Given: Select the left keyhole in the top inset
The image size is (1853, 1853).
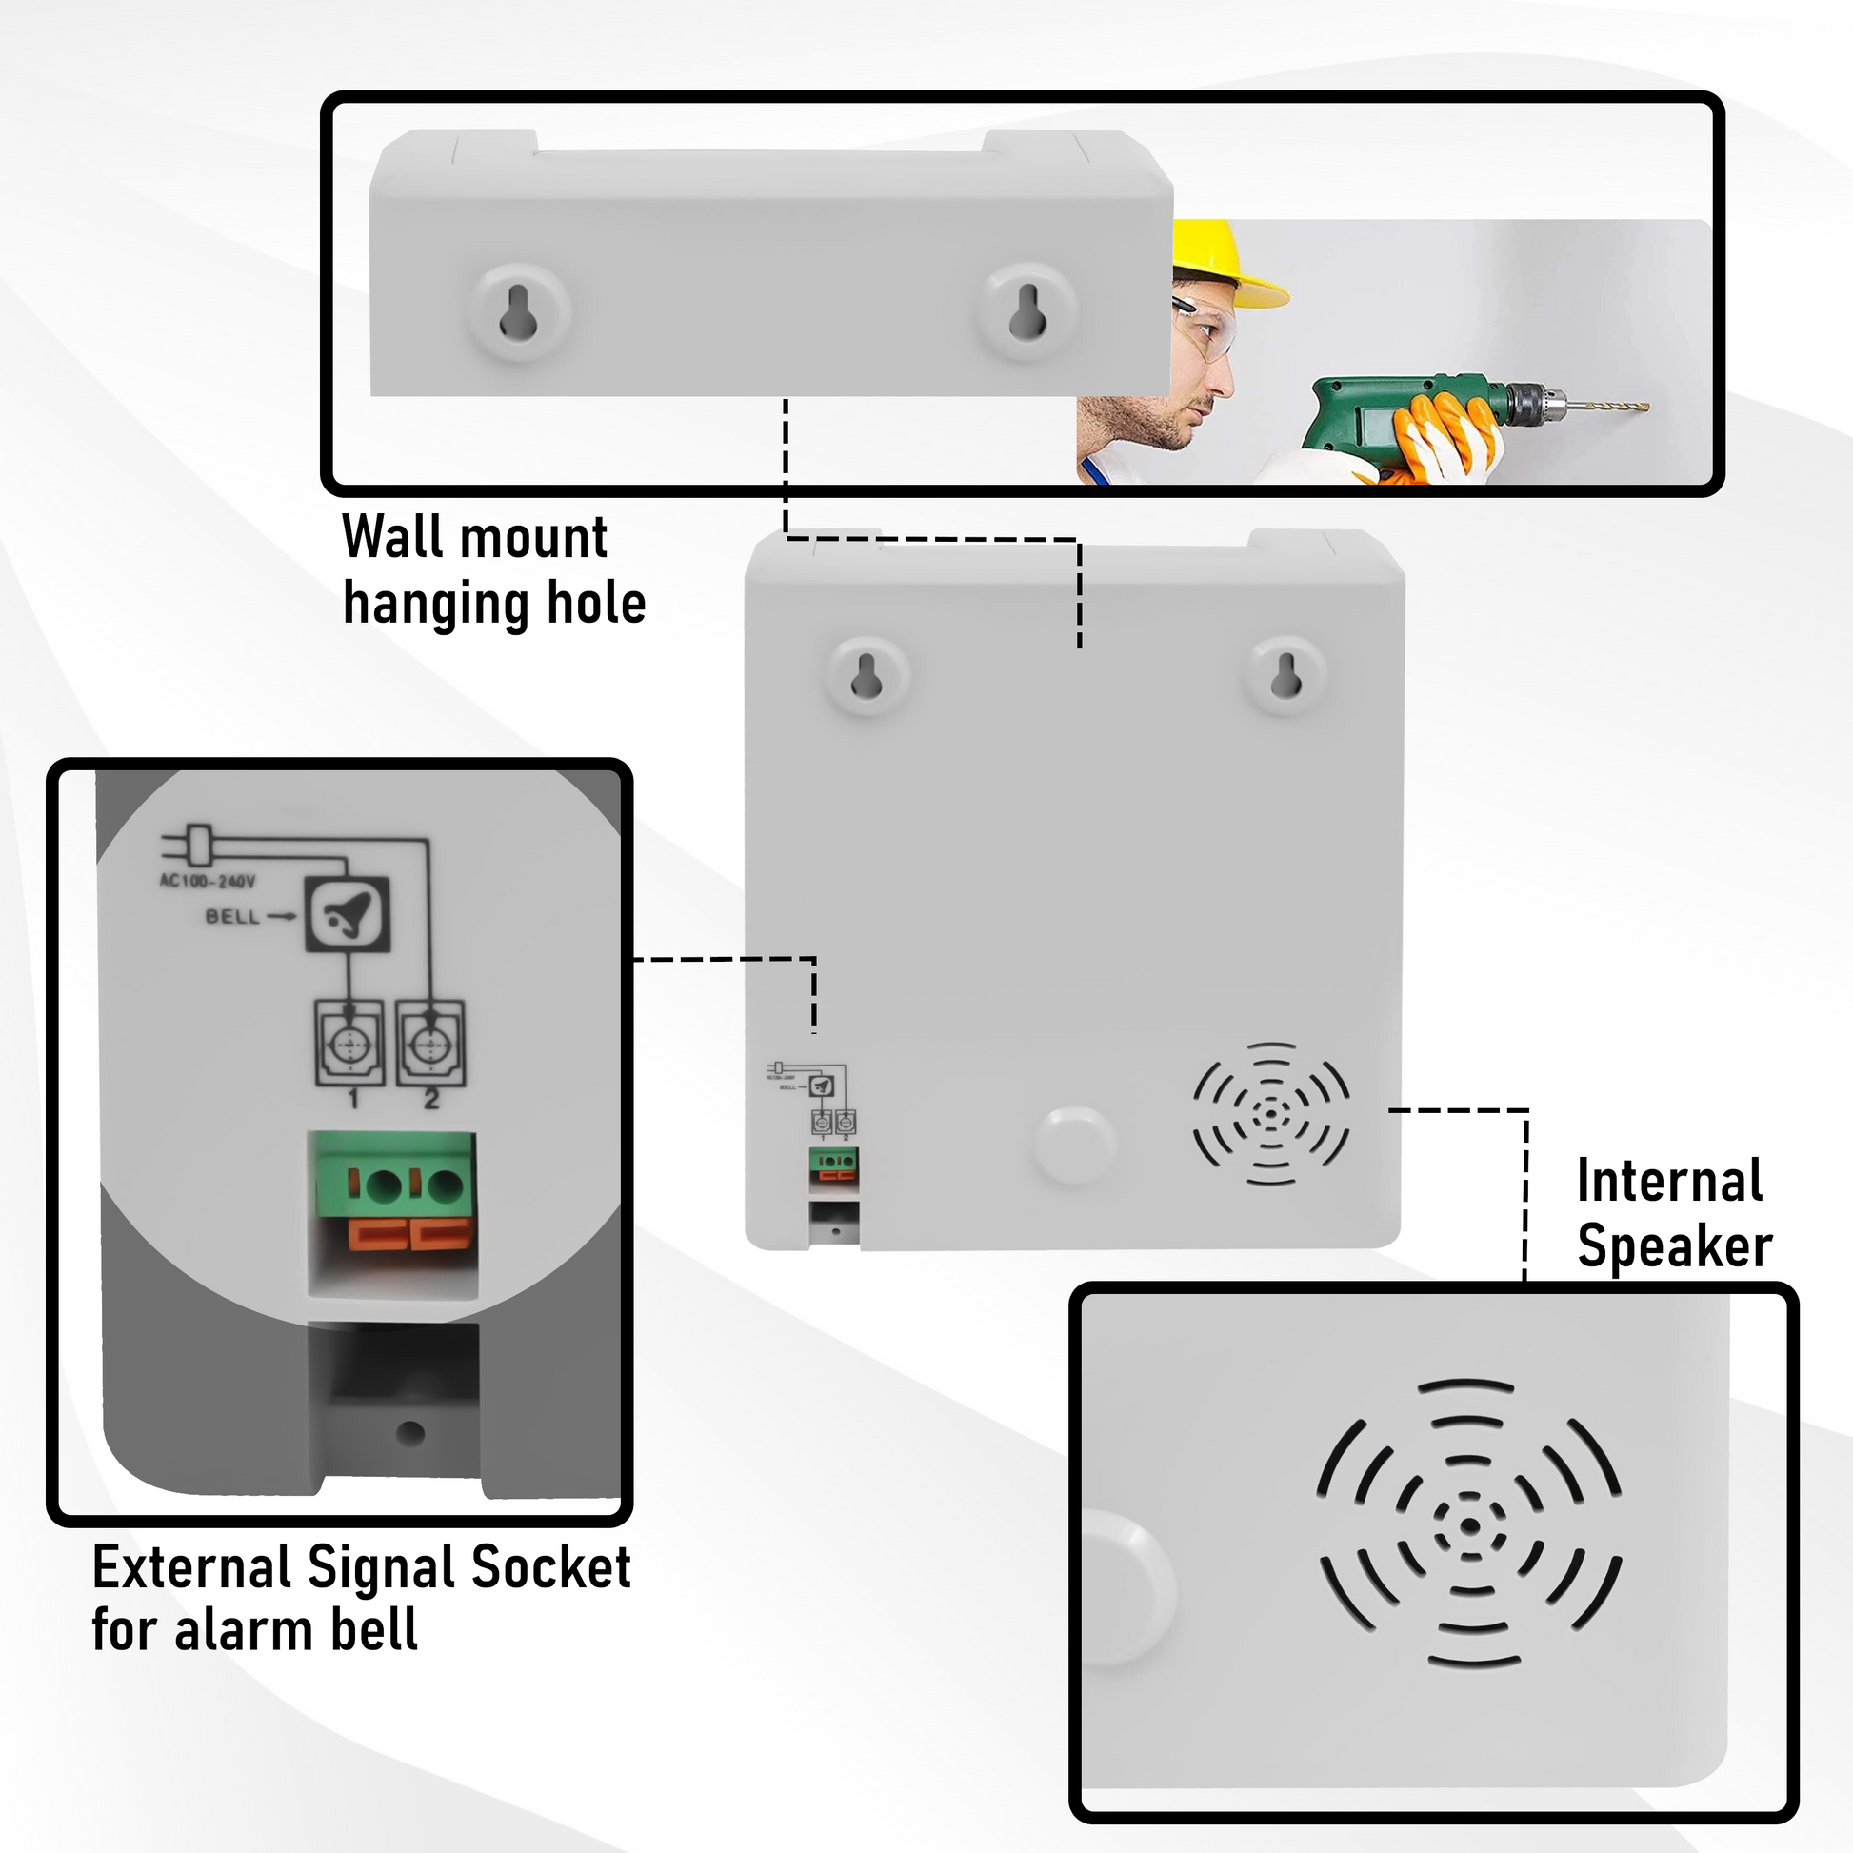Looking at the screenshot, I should (519, 312).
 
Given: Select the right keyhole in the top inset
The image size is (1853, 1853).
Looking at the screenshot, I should (1027, 312).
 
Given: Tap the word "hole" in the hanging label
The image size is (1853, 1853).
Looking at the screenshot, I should (596, 604).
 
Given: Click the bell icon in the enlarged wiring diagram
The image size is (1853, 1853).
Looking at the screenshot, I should (348, 914).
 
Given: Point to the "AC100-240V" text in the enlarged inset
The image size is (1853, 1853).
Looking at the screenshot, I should (208, 881).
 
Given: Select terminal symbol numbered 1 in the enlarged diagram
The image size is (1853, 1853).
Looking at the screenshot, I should (350, 1044).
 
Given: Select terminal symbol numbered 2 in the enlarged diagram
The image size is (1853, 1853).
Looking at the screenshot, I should (430, 1044).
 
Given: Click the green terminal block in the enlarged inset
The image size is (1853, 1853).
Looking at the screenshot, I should (391, 1175).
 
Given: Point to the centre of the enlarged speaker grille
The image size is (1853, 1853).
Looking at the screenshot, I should (1469, 1526).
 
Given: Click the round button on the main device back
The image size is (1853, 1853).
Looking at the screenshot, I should (1075, 1145).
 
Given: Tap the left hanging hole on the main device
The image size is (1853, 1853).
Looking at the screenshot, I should (867, 676).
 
